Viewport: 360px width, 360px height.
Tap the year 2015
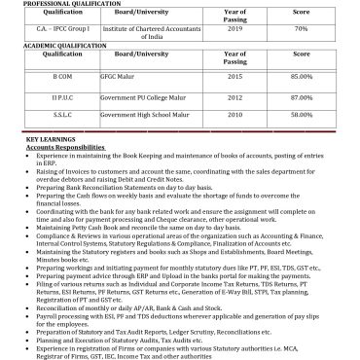[234, 75]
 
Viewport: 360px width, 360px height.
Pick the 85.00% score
[301, 75]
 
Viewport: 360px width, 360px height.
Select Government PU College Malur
[142, 98]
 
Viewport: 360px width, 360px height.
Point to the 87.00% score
[301, 98]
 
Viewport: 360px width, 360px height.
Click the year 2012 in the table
[234, 98]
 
